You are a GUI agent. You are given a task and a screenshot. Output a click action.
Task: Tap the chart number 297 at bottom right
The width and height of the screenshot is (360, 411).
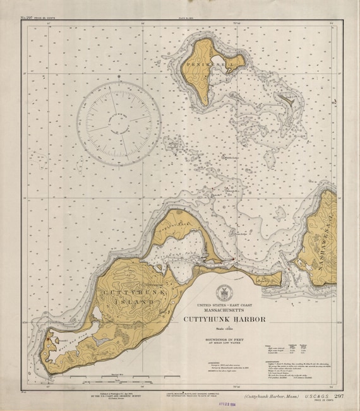(x=339, y=395)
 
